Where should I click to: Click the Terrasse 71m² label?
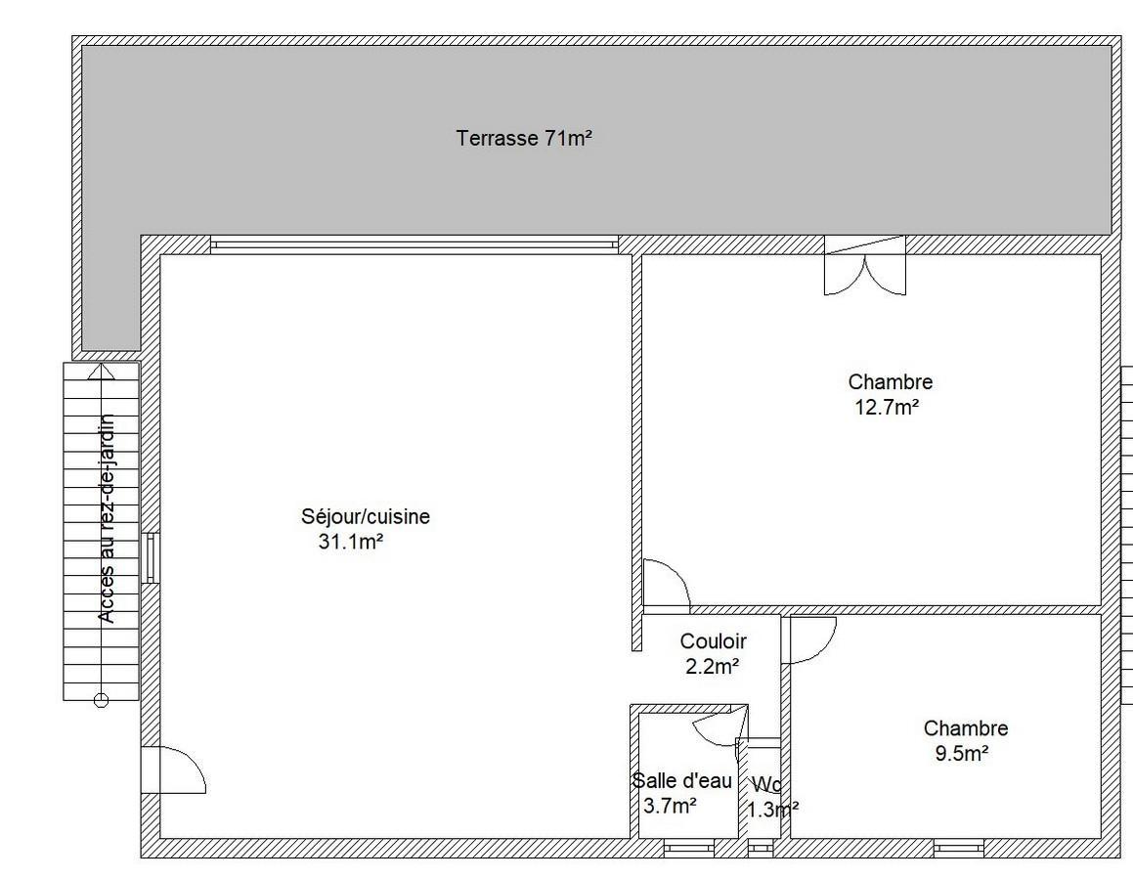(524, 137)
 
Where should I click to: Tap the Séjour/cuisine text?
(366, 516)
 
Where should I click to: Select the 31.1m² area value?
(350, 541)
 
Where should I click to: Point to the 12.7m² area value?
(888, 407)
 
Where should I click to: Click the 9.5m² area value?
(962, 753)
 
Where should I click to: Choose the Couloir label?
(714, 640)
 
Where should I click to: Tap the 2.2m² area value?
(712, 666)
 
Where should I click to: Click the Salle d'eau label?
(682, 780)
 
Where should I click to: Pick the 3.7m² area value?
(670, 806)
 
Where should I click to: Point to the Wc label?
(766, 784)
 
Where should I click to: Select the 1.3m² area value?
(772, 809)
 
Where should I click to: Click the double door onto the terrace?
(865, 265)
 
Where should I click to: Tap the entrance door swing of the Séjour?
(173, 769)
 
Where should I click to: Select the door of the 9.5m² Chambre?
(813, 639)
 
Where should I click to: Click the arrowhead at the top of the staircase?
(101, 373)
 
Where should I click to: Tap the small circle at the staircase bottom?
(101, 700)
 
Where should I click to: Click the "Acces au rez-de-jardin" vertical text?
(107, 518)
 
